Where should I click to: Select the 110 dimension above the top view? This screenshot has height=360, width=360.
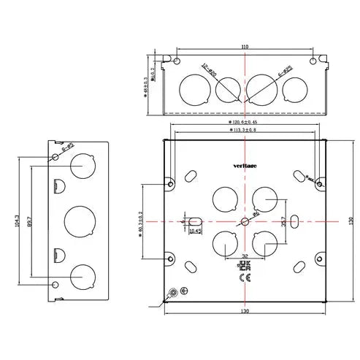244,47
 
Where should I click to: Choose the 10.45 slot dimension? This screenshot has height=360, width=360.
195,231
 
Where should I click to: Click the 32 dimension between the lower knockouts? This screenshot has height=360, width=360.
242,255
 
